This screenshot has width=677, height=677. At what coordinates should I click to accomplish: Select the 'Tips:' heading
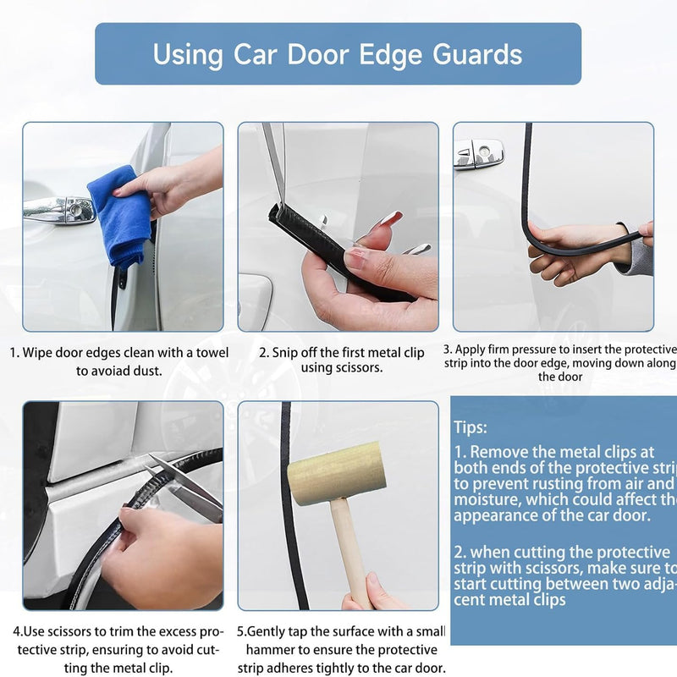click(470, 427)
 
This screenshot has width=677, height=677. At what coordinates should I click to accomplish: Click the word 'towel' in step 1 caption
click(209, 353)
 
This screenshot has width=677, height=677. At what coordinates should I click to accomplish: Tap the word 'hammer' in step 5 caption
click(272, 649)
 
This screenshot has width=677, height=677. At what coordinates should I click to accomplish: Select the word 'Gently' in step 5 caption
click(275, 631)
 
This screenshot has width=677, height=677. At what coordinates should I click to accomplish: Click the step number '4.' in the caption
click(18, 631)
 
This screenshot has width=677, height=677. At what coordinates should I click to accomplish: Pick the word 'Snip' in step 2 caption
click(287, 352)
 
